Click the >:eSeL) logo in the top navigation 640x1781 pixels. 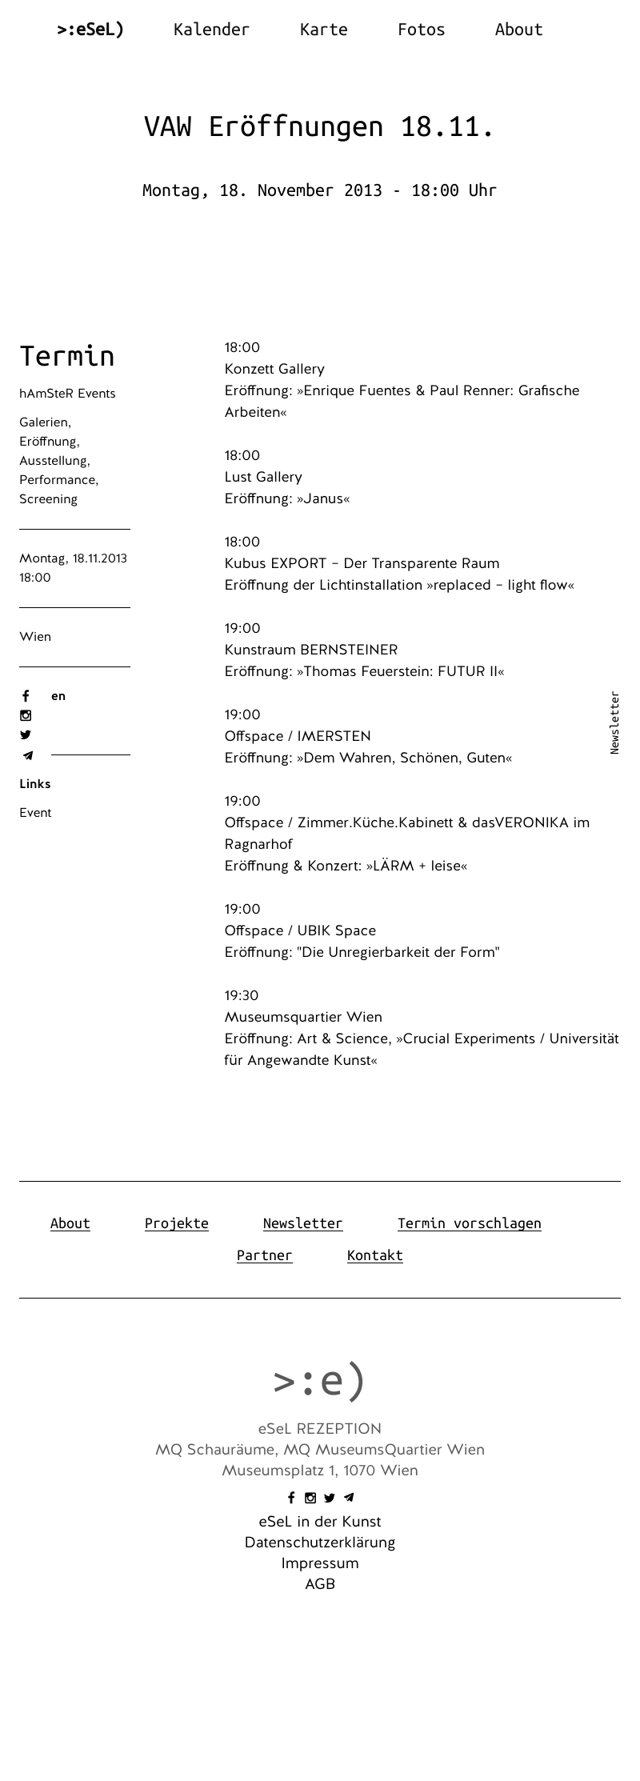pos(90,30)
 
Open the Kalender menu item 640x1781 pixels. pos(211,30)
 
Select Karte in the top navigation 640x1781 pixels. pos(323,30)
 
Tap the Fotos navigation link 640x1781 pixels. pos(421,30)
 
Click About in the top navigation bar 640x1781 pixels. pos(518,30)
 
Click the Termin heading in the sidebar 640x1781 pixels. pos(67,356)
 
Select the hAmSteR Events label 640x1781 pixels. pos(67,394)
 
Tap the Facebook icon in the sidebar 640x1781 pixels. pos(26,696)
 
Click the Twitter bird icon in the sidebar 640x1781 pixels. pos(26,735)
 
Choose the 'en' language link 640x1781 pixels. pos(58,696)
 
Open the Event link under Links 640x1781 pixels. pos(35,813)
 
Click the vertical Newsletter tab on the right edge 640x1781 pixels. pos(614,722)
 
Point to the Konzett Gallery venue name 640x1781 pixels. pos(274,369)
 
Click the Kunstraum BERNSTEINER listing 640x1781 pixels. pos(311,650)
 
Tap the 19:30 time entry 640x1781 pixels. pos(242,995)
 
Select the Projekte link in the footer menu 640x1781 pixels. pos(177,1223)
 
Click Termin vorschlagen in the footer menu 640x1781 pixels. pos(469,1223)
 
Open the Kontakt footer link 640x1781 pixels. pos(374,1255)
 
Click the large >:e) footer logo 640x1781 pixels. pos(319,1380)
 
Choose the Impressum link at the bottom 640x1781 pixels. pos(320,1563)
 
